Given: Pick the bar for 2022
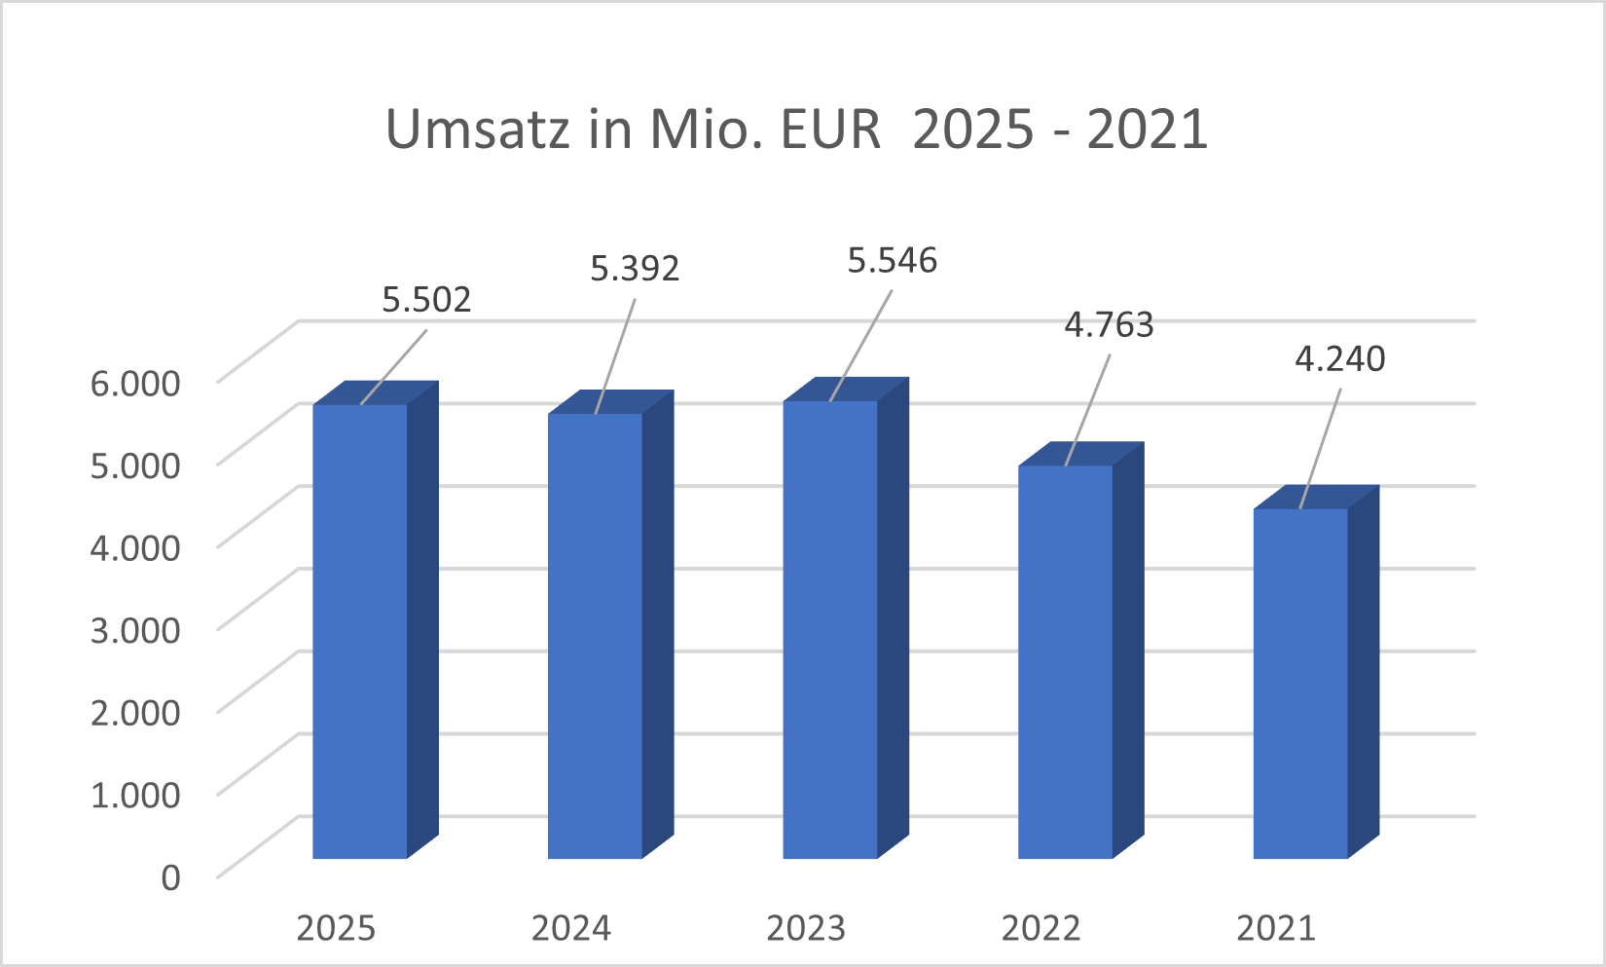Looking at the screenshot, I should point(1065,662).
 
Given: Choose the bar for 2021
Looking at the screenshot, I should point(1300,684).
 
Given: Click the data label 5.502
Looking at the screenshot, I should point(426,299).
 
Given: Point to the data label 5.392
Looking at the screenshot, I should point(635,268).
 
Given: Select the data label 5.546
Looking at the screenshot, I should point(893,260).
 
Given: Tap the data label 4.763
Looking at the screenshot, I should point(1109,324).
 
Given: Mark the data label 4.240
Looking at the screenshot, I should point(1340,358).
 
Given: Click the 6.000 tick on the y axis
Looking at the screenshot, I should point(135,382).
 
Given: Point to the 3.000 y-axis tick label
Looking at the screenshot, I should point(135,629).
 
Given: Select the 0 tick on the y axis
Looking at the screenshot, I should point(170,876).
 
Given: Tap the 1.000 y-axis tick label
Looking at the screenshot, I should point(135,794).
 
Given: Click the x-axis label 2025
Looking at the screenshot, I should point(336,928).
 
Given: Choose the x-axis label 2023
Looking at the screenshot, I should point(806,928).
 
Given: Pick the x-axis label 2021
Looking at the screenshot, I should point(1276,928).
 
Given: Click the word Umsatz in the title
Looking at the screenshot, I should point(478,129).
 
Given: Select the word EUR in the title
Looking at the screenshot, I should point(830,129).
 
